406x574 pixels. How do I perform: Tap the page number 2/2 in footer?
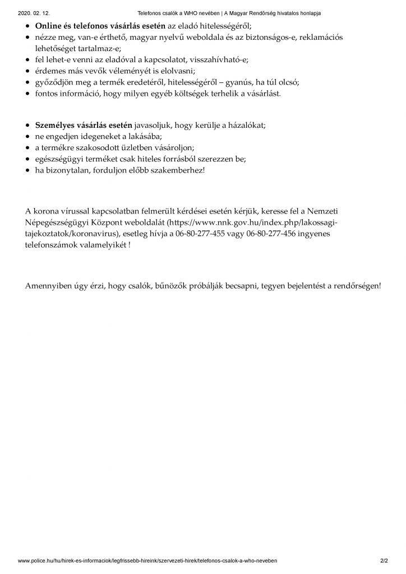coord(384,561)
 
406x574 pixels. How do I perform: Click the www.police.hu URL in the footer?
coord(147,561)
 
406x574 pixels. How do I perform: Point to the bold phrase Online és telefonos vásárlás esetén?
coord(101,26)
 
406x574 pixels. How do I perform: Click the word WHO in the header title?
coord(193,12)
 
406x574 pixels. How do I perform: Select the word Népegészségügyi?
coord(61,222)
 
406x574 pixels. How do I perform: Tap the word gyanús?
coord(241,82)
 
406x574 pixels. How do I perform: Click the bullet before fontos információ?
coord(29,93)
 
